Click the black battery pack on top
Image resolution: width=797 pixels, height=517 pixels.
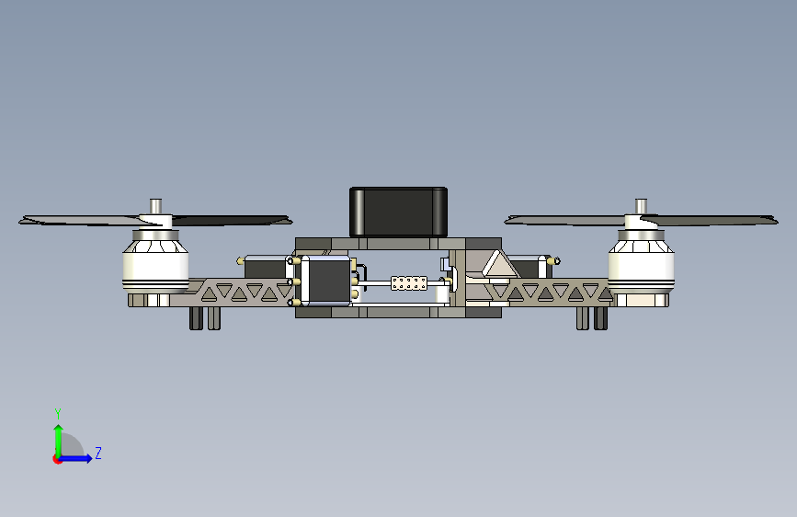398,211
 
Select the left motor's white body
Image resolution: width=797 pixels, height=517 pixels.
155,269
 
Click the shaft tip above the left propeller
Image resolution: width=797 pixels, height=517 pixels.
156,204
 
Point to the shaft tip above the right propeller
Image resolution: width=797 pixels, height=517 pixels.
641,204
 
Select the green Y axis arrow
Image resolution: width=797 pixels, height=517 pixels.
58,435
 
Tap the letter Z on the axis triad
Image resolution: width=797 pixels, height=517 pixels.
98,454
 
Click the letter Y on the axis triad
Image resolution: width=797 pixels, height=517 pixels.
57,413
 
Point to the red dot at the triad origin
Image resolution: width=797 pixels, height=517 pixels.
57,459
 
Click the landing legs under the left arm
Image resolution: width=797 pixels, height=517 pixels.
204,317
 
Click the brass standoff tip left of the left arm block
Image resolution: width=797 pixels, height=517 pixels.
241,260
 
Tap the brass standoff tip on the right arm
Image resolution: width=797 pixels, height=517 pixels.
552,261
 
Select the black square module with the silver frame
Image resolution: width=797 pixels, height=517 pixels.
325,281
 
